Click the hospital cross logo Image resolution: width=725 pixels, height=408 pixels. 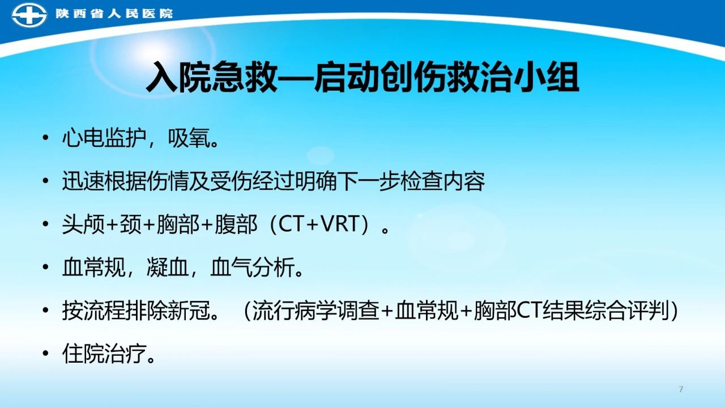pos(29,15)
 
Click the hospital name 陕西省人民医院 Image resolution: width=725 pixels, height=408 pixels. pos(114,14)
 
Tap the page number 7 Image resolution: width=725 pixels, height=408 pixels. pos(681,389)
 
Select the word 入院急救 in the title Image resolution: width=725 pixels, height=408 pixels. pos(212,78)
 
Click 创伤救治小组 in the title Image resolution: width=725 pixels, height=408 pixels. pos(479,78)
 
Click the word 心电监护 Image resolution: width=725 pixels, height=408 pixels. pos(104,139)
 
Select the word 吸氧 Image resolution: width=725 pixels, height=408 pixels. pos(189,139)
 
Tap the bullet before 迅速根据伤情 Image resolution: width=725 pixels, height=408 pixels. pos(46,181)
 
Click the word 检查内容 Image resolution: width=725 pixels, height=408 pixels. pos(443,181)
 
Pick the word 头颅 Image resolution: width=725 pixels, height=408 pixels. pos(83,224)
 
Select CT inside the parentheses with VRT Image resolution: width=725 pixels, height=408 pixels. pos(291,224)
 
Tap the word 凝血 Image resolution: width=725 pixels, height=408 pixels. pos(168,267)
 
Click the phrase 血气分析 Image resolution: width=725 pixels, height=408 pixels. pos(253,267)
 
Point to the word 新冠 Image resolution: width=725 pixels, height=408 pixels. pos(189,311)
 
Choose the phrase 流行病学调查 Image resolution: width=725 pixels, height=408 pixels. pos(316,311)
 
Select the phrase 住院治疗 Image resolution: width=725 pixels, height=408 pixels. pos(104,354)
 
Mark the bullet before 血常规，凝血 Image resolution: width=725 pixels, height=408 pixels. pos(46,267)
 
